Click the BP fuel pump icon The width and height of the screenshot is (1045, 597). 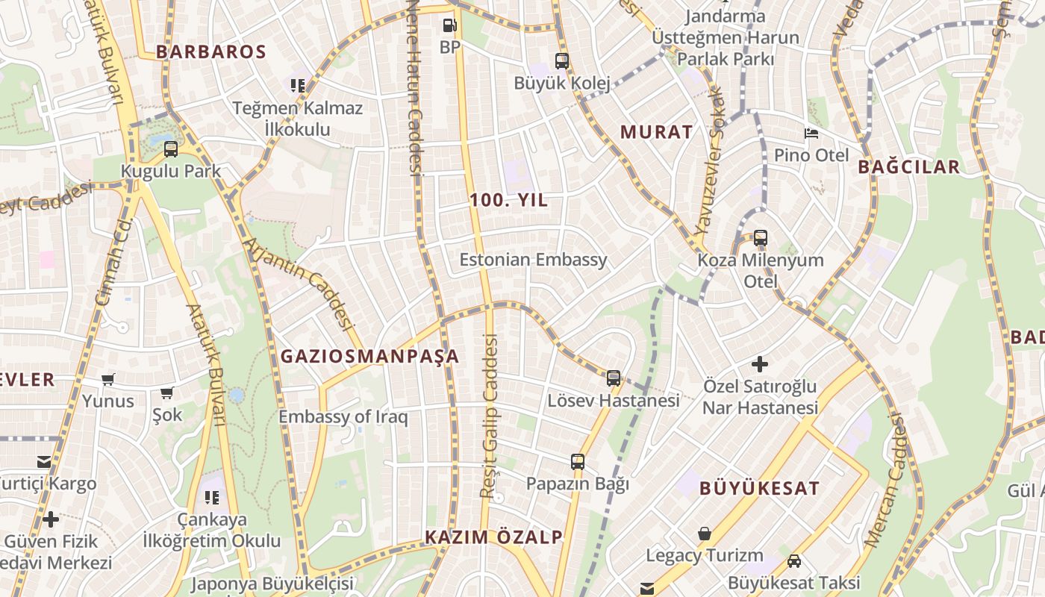449,25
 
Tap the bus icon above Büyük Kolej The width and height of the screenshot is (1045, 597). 562,61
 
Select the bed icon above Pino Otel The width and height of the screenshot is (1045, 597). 811,134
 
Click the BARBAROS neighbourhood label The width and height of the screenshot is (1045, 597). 211,51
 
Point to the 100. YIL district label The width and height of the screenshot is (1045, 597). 509,200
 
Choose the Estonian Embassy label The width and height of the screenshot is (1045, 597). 533,260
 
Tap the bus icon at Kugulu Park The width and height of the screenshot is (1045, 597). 171,149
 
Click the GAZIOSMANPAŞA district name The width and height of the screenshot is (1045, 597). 369,357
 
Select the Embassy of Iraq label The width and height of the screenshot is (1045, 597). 343,416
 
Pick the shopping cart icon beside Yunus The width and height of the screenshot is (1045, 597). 108,380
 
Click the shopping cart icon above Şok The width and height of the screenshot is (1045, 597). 167,393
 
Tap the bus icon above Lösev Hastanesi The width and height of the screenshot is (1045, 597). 614,378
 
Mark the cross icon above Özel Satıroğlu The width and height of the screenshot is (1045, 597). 760,364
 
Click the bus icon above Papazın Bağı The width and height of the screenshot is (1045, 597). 578,462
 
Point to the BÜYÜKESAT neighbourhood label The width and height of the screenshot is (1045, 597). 759,489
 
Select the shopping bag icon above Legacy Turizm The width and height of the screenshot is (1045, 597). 704,534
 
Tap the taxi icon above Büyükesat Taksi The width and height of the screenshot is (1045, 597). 794,561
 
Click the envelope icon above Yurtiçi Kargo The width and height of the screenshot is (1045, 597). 44,462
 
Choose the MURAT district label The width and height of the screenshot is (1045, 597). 657,132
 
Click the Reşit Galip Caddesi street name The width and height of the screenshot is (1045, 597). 488,416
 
